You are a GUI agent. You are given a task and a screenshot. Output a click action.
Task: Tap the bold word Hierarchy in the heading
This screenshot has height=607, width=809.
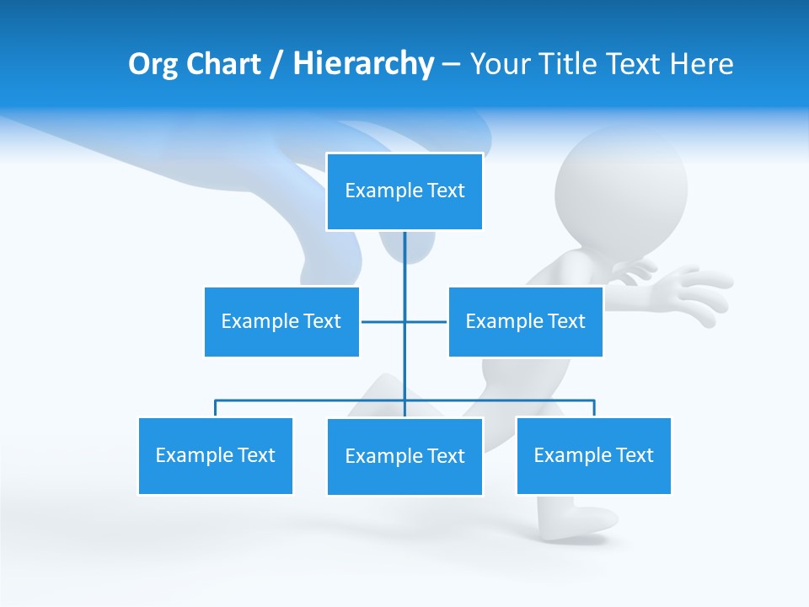(x=363, y=64)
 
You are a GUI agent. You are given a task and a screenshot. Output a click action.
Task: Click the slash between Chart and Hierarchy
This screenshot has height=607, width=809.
(x=276, y=65)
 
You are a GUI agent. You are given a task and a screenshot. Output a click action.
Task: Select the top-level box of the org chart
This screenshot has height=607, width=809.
(x=404, y=191)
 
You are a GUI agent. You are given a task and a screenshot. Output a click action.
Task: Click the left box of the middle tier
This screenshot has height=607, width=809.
(x=281, y=321)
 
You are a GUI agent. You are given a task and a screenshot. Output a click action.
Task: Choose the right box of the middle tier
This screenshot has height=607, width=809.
(x=525, y=321)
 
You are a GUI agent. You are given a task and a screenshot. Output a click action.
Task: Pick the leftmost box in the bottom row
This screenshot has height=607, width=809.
(x=215, y=455)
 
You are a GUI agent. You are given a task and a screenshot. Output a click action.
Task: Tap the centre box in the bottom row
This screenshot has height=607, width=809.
(x=404, y=456)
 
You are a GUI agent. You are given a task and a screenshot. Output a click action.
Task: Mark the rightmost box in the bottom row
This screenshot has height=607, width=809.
(x=593, y=455)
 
